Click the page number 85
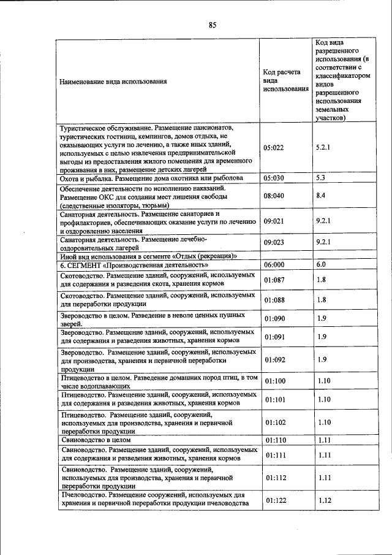click(213, 25)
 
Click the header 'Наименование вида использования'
click(113, 81)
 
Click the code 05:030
click(275, 178)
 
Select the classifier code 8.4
click(320, 196)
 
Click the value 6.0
click(321, 265)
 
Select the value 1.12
click(324, 500)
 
